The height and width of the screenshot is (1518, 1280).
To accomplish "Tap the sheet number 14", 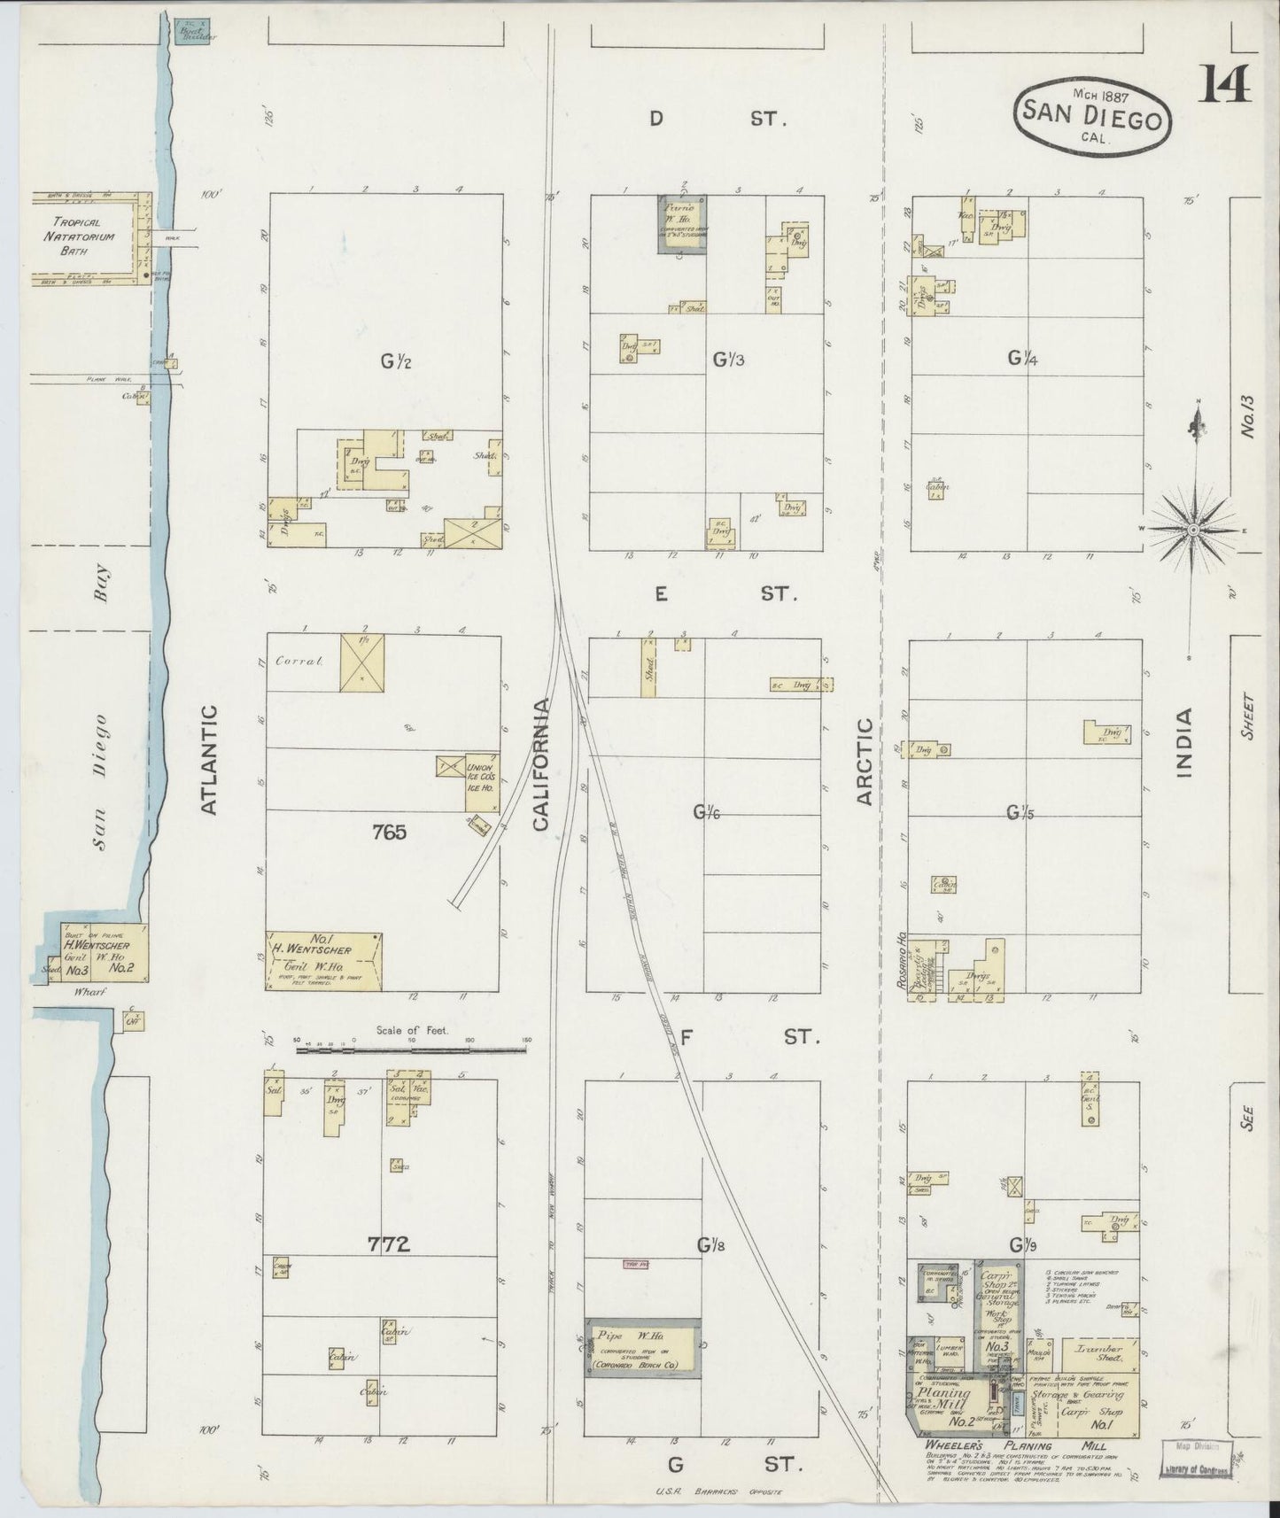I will [1226, 84].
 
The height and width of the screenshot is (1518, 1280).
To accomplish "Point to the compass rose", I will [1193, 529].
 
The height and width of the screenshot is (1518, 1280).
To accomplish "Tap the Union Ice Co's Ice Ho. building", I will [483, 783].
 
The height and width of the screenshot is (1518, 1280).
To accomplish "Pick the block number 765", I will [389, 832].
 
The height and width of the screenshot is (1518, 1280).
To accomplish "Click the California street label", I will [542, 763].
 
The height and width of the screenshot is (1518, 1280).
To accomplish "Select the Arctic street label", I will [865, 761].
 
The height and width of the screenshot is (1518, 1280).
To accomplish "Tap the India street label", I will [1185, 743].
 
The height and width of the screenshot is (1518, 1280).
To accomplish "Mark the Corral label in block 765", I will [296, 660].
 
